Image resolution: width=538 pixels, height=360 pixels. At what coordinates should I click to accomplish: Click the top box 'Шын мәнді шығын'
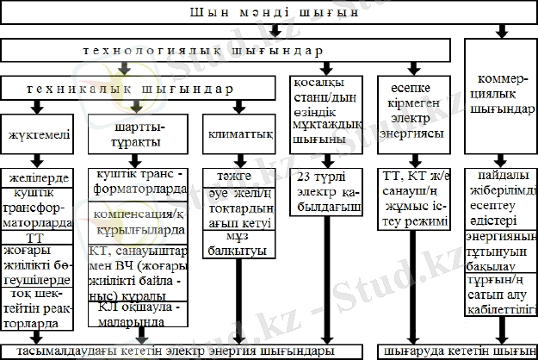pos(269,14)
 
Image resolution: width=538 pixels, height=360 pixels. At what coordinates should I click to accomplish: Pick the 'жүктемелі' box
pos(36,135)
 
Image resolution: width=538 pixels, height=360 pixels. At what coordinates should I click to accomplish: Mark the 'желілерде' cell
pos(36,177)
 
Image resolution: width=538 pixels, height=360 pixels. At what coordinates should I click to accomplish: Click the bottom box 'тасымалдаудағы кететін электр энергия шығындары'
pos(178,351)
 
